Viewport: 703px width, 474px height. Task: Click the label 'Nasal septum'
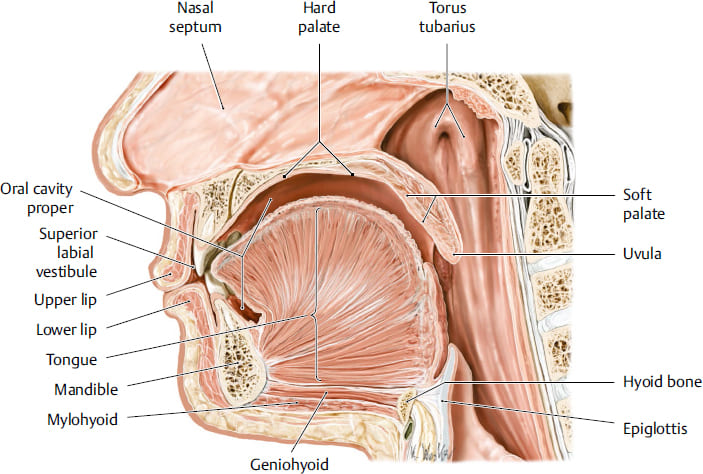pos(195,17)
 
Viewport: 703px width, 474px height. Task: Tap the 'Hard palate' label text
pos(319,17)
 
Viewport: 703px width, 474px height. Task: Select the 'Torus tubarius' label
pos(447,17)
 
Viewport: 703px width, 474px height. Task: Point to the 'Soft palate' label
pos(644,204)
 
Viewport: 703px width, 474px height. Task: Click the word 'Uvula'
pos(642,254)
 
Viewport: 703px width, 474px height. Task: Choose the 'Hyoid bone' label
pos(662,382)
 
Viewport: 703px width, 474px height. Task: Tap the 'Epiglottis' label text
pos(655,429)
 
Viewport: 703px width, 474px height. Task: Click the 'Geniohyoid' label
pos(289,464)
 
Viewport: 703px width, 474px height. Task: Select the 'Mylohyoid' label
pos(82,420)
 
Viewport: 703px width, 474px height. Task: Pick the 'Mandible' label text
pos(86,389)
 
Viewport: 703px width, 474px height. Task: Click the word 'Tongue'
pos(71,360)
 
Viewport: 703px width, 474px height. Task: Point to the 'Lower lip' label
pos(66,330)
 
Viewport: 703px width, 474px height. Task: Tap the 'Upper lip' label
pos(65,300)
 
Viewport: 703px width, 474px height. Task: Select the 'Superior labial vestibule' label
pos(66,252)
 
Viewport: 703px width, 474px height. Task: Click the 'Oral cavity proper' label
pos(37,198)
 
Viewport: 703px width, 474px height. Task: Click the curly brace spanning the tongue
pos(315,294)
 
